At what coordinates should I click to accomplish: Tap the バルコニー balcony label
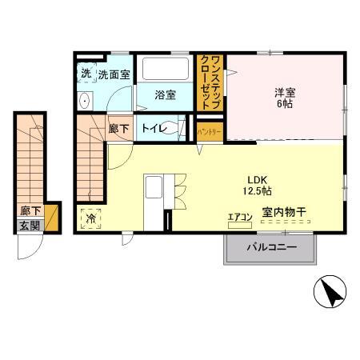(x=271, y=247)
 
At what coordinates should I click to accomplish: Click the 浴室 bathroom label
(x=166, y=94)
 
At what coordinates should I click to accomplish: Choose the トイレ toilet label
(x=154, y=128)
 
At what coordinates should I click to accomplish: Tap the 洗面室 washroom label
(x=114, y=74)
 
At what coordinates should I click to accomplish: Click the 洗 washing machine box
(x=86, y=74)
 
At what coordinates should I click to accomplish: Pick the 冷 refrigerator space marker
(x=91, y=217)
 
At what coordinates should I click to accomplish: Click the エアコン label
(x=239, y=216)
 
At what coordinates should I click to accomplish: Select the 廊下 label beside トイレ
(x=118, y=128)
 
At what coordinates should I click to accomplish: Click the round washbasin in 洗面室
(x=84, y=101)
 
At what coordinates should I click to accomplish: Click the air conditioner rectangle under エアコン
(x=239, y=225)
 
